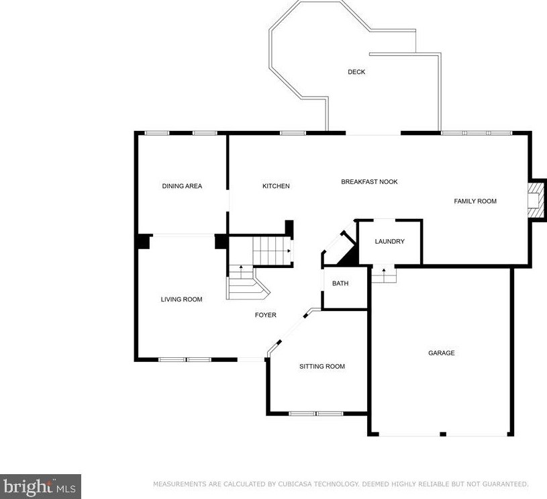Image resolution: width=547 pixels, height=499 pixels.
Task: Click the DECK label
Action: [356, 72]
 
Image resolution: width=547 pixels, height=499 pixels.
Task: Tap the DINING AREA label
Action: [182, 186]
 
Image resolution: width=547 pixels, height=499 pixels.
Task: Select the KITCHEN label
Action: [276, 186]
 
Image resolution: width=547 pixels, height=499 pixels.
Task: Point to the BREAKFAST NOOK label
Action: [369, 181]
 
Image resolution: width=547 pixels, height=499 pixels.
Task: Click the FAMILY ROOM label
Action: [475, 201]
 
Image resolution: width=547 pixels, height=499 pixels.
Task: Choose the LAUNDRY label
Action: [390, 241]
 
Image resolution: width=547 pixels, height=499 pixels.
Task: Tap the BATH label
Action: [340, 283]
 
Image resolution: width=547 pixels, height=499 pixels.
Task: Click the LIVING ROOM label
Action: [181, 300]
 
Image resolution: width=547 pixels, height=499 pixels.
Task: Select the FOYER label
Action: [266, 315]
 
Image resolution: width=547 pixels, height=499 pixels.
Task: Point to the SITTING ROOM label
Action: [322, 366]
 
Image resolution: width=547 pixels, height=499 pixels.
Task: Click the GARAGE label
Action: [442, 353]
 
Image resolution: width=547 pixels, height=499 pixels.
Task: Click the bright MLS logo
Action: [40, 486]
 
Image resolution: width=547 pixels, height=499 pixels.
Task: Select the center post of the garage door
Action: [443, 434]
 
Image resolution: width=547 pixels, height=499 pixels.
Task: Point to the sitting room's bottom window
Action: [316, 414]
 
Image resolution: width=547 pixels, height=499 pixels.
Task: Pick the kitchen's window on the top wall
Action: [293, 133]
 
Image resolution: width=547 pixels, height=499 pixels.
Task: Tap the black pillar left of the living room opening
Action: [143, 241]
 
